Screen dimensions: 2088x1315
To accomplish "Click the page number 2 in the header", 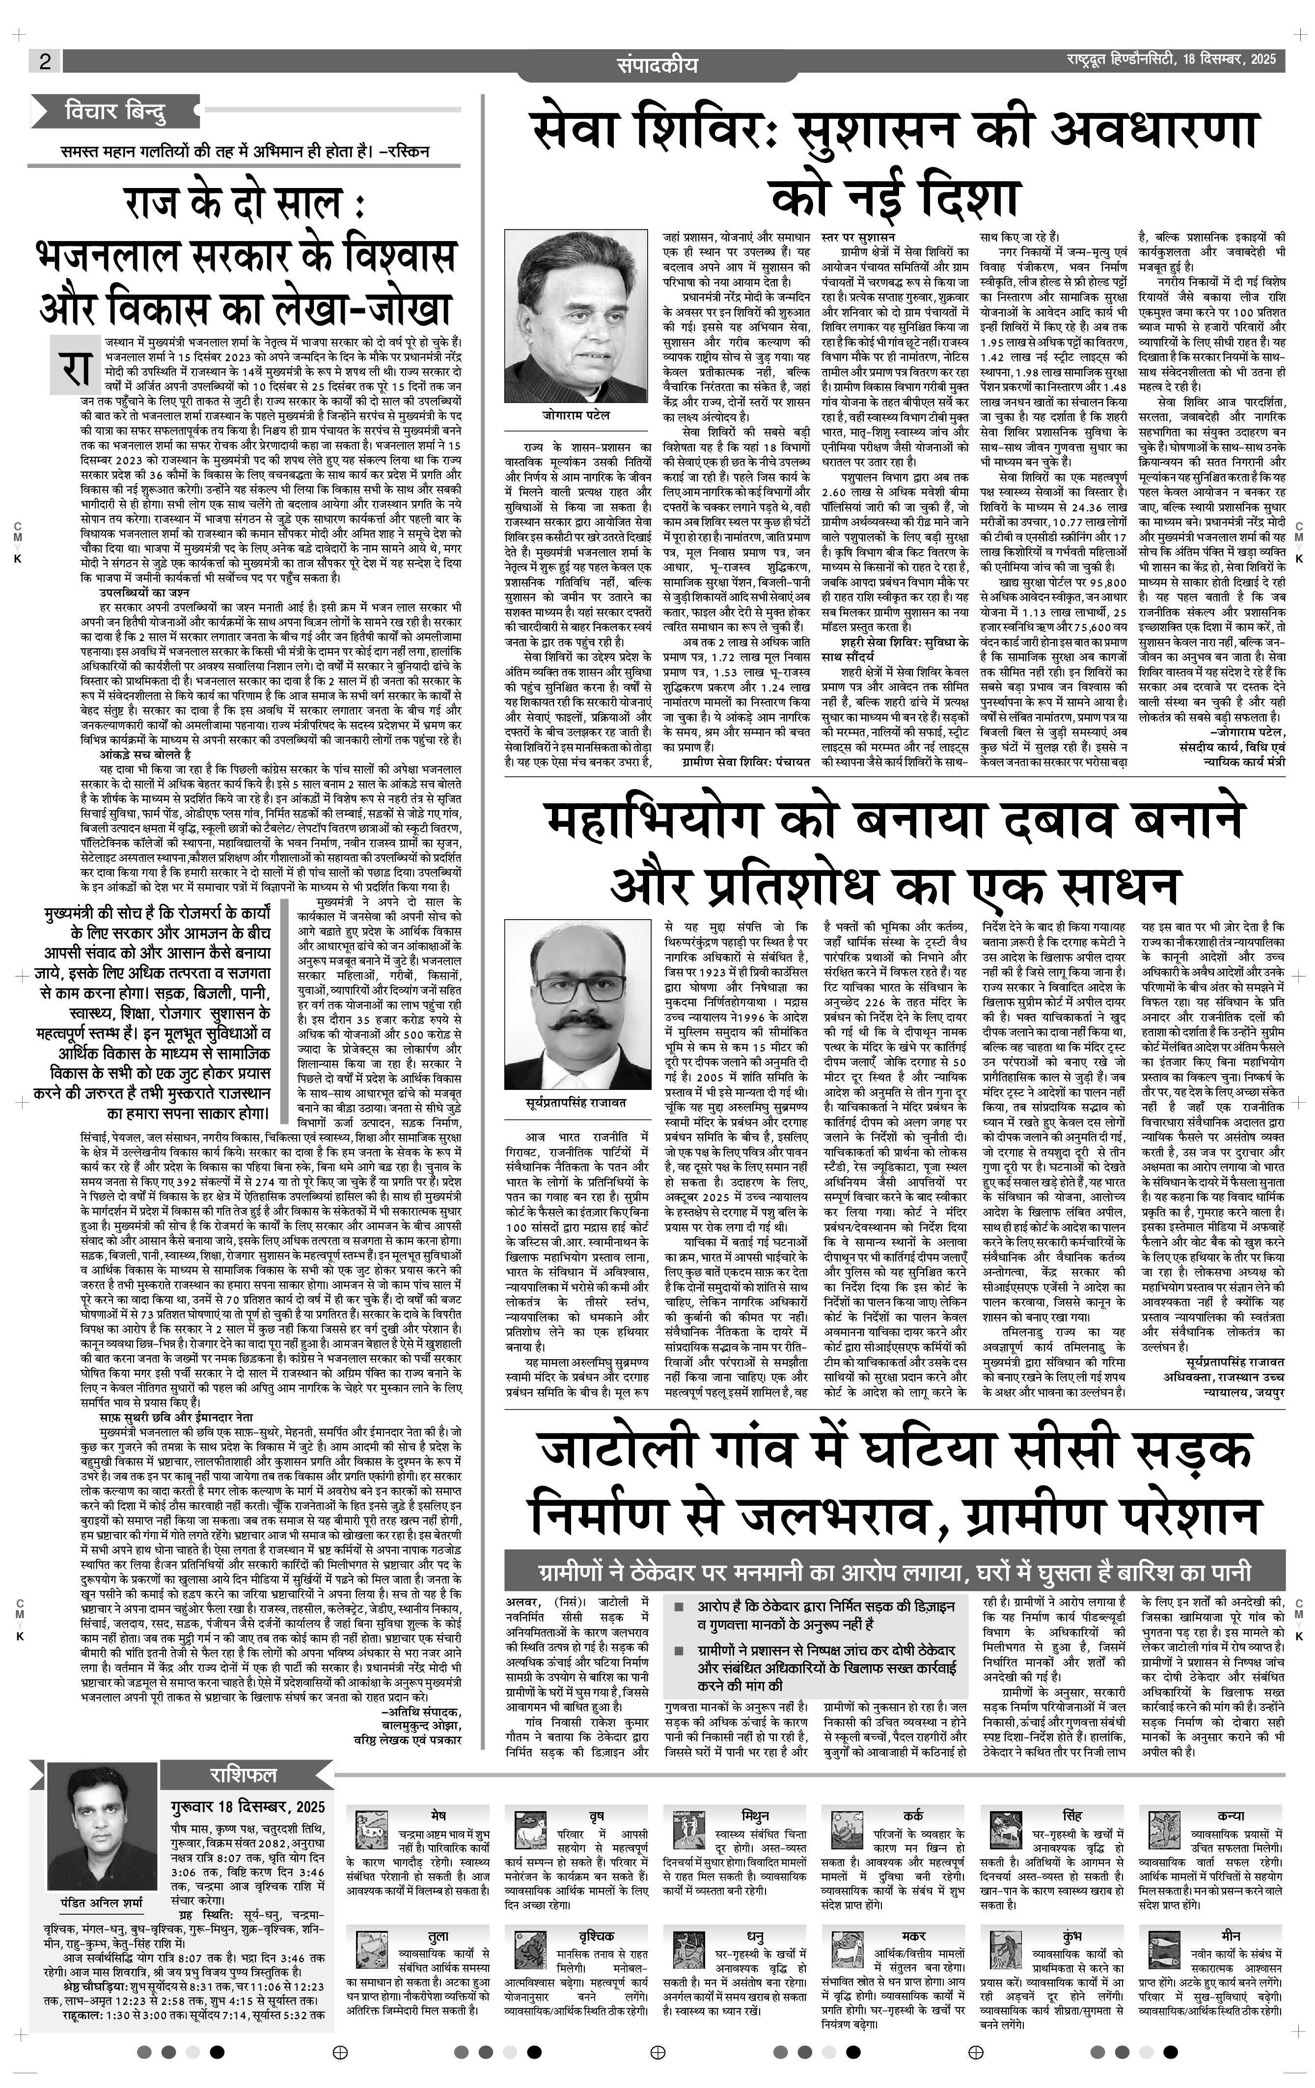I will [44, 61].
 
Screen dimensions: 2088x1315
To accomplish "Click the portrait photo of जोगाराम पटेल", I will [576, 316].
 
